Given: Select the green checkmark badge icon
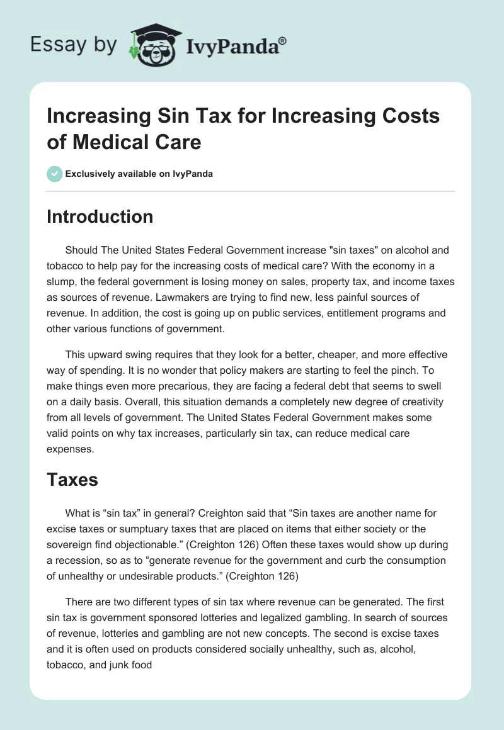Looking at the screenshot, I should [55, 173].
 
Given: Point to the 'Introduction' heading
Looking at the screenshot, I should [100, 216].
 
